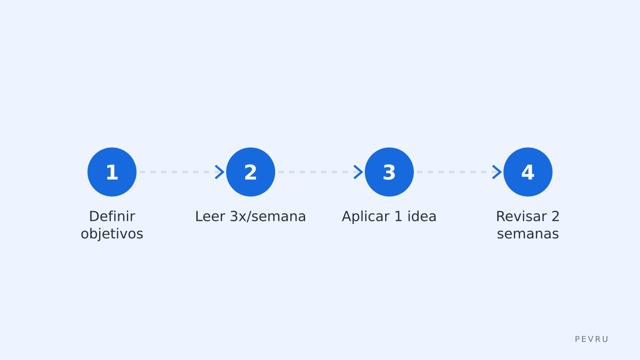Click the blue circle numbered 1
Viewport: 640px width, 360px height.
[112, 172]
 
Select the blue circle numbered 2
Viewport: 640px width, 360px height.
[251, 172]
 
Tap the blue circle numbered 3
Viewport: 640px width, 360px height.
[389, 172]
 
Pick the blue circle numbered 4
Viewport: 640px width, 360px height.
[527, 172]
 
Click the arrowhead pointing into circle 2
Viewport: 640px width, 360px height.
[220, 172]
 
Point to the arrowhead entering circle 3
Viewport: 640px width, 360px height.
[358, 172]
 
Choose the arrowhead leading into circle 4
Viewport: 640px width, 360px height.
[497, 172]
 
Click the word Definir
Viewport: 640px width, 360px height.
[112, 217]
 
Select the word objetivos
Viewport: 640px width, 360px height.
[112, 234]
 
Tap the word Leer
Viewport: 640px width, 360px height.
[210, 217]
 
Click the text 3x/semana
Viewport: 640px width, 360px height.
[268, 217]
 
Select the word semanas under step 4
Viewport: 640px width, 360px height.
[527, 234]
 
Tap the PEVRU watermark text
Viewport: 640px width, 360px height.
[591, 339]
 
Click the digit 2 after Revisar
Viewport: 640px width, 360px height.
[555, 217]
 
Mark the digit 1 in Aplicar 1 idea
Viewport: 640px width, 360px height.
[398, 217]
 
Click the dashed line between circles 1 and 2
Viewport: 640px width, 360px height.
[177, 172]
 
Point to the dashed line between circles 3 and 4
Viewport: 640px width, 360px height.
[454, 172]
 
